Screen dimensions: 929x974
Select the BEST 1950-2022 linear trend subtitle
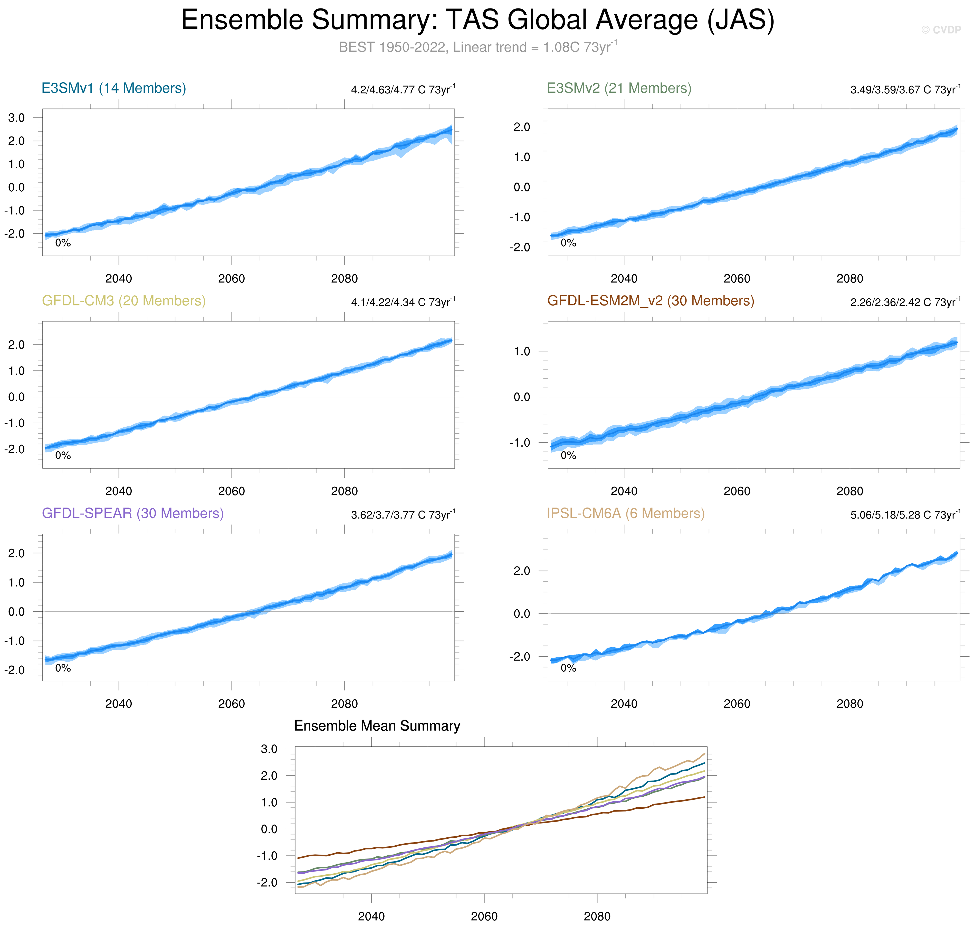pyautogui.click(x=478, y=47)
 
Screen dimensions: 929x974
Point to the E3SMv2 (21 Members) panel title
pyautogui.click(x=619, y=88)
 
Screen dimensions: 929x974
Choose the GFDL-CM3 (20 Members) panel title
pyautogui.click(x=123, y=301)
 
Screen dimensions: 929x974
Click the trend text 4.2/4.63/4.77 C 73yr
pyautogui.click(x=403, y=90)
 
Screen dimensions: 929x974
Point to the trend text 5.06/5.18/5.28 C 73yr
pyautogui.click(x=905, y=515)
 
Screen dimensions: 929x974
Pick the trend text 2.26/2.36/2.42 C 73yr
pyautogui.click(x=905, y=302)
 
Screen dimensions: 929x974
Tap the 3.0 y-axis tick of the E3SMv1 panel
pyautogui.click(x=16, y=118)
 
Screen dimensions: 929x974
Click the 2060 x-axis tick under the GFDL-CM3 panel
pyautogui.click(x=231, y=491)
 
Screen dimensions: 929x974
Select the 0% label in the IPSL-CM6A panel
pyautogui.click(x=568, y=668)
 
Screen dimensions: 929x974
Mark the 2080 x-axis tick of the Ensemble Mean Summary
pyautogui.click(x=597, y=916)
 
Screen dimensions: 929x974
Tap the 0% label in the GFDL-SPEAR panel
pyautogui.click(x=63, y=668)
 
